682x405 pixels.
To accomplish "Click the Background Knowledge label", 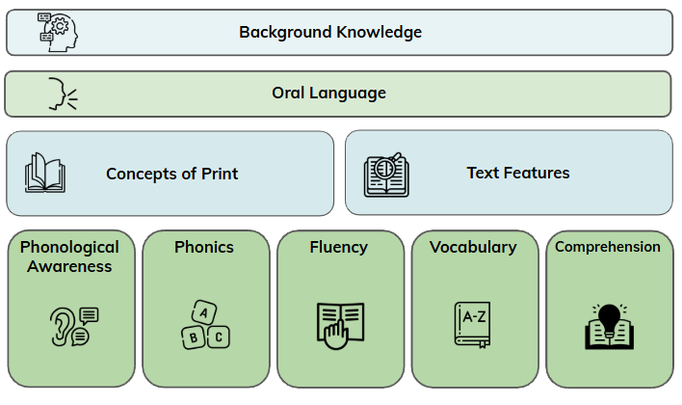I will (x=330, y=32).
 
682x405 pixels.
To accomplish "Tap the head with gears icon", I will (x=58, y=32).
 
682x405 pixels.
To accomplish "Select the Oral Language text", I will (x=328, y=93).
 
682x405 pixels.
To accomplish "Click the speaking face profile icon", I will (x=61, y=94).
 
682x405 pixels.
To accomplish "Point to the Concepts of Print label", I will (x=171, y=174).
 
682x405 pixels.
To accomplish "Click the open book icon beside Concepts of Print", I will (x=45, y=174).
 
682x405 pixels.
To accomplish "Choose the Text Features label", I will (x=518, y=173).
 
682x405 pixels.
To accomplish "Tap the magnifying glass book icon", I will (x=387, y=175).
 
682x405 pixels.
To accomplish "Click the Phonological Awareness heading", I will (x=69, y=256).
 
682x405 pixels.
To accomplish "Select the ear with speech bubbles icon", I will (x=73, y=326).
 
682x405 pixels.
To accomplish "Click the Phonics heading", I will (x=204, y=247).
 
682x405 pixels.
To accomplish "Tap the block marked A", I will (x=203, y=311).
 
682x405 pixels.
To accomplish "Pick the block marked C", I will (x=219, y=337).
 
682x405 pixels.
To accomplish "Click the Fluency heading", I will (x=339, y=247).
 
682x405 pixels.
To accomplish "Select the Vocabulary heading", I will (x=473, y=247).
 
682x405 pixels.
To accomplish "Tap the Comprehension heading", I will (x=608, y=247).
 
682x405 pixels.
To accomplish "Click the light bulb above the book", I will (x=609, y=315).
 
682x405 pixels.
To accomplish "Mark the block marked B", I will (x=192, y=337).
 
